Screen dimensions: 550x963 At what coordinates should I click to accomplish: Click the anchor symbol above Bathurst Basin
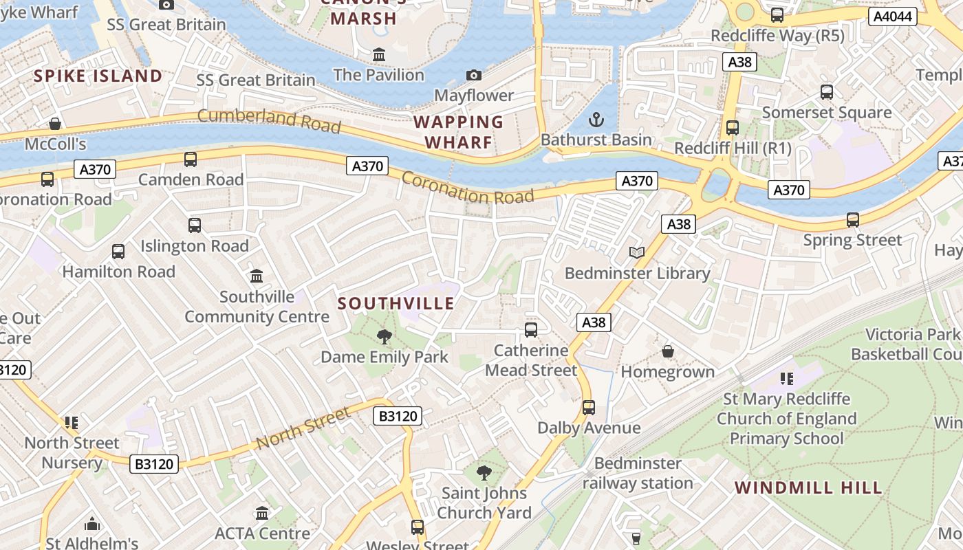click(x=596, y=120)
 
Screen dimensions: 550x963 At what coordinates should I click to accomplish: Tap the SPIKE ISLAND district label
click(x=98, y=76)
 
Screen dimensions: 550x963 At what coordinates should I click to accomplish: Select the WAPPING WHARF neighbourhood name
click(x=459, y=132)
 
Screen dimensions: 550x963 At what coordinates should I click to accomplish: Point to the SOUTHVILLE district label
click(x=396, y=303)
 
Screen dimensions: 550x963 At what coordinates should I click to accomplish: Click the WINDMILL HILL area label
click(x=808, y=488)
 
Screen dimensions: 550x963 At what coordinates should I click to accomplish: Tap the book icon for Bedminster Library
click(x=637, y=253)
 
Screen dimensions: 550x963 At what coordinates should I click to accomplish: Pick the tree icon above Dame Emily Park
click(x=385, y=337)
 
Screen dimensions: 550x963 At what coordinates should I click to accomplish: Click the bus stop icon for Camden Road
click(x=191, y=159)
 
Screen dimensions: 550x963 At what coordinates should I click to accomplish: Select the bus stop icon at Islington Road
click(x=195, y=225)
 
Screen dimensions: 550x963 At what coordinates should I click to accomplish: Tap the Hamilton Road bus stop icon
click(x=118, y=252)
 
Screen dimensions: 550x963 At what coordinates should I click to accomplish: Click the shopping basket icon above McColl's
click(x=55, y=124)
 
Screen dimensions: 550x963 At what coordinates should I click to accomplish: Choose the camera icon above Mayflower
click(x=474, y=75)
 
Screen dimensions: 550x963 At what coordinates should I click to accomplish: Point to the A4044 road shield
click(x=893, y=16)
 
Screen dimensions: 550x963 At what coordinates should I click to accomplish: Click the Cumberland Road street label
click(x=269, y=120)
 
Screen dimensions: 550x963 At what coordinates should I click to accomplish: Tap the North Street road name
click(x=303, y=428)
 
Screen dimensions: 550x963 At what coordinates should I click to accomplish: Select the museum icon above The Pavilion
click(x=378, y=54)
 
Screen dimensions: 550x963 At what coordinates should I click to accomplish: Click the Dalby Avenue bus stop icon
click(x=589, y=407)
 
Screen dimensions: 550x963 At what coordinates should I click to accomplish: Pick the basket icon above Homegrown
click(x=667, y=351)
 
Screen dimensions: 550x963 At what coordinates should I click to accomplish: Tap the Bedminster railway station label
click(x=638, y=473)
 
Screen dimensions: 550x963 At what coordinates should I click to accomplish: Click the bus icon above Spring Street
click(x=853, y=220)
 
